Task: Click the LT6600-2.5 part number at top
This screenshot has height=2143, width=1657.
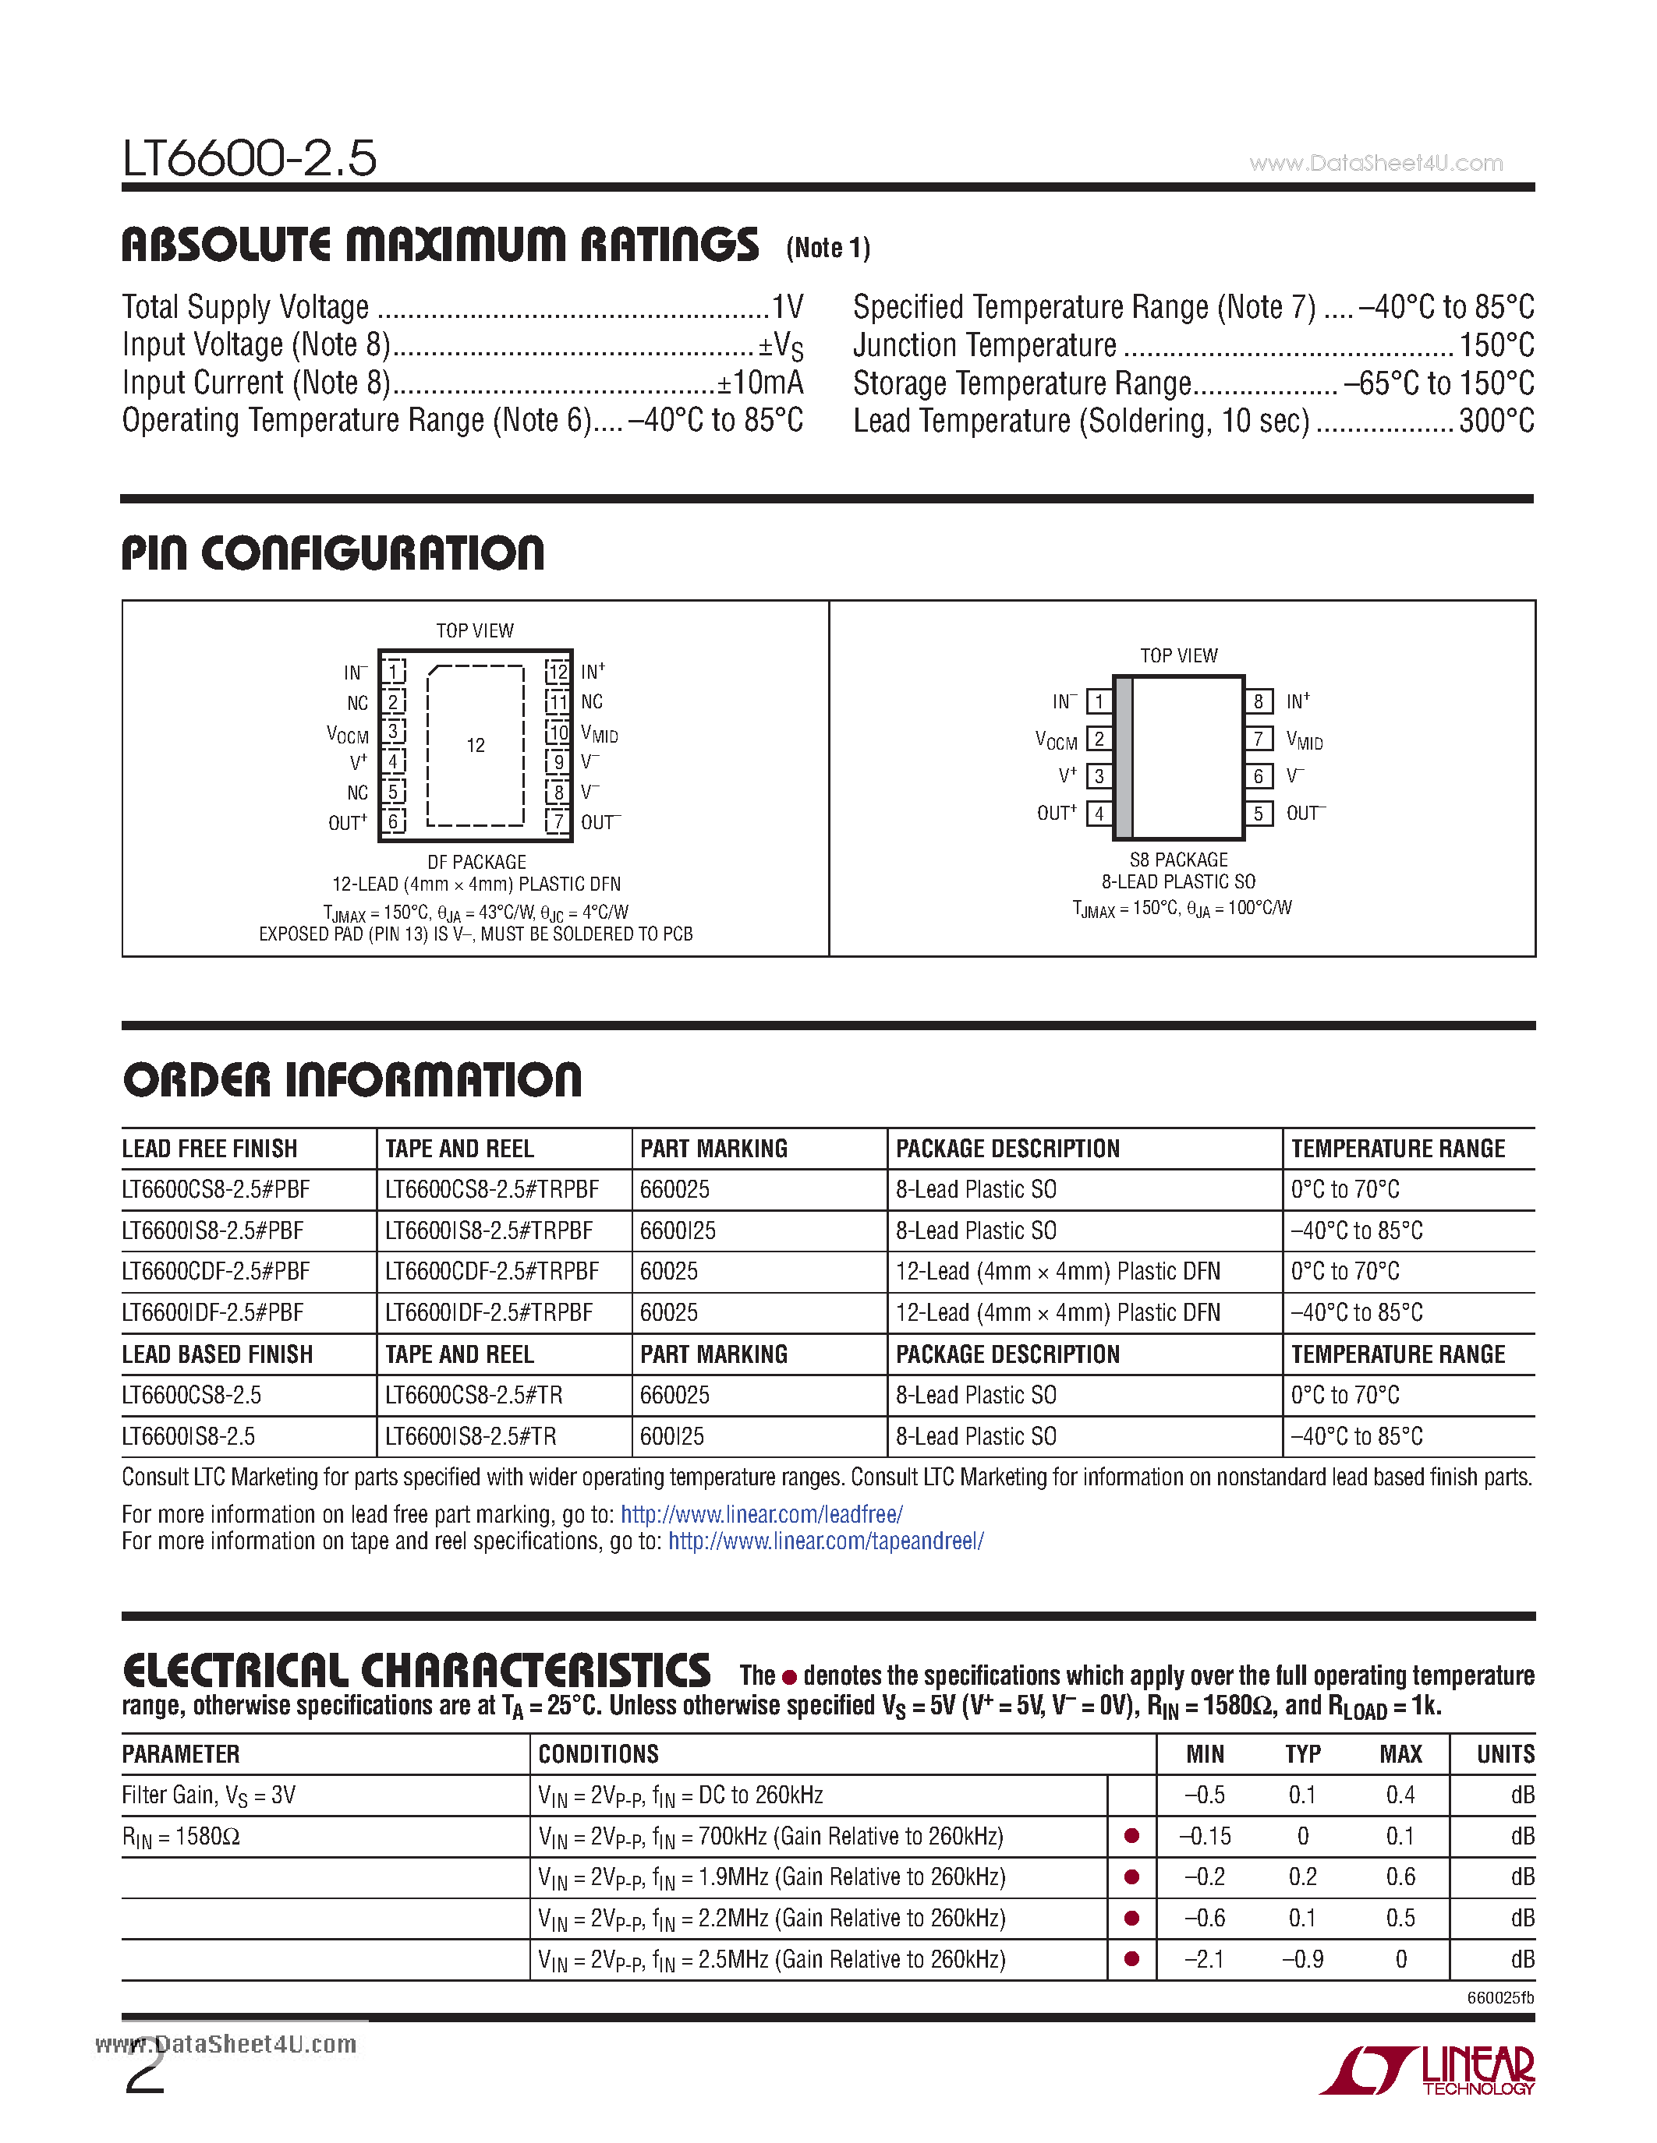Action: click(x=250, y=158)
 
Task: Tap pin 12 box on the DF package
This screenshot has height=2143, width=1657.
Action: click(x=558, y=673)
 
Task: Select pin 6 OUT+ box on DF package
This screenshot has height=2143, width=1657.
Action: click(x=394, y=821)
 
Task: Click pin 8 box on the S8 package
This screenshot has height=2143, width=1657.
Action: click(x=1259, y=701)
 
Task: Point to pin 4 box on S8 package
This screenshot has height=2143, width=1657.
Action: click(x=1099, y=814)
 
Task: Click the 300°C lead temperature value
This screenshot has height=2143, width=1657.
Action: click(x=1496, y=421)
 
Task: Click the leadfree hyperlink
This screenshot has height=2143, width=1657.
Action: click(x=762, y=1514)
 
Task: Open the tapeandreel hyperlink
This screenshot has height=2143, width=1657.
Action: click(x=826, y=1541)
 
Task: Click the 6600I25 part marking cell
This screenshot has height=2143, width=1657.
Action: click(x=678, y=1230)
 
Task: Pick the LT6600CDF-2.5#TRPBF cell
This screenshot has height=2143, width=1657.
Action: click(x=492, y=1272)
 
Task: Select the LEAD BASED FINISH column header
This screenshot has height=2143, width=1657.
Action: click(x=217, y=1354)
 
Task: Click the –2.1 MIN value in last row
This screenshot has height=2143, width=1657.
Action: click(x=1205, y=1960)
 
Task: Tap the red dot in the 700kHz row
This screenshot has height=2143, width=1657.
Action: click(x=1131, y=1836)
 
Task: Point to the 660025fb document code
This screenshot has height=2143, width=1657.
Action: click(x=1500, y=1998)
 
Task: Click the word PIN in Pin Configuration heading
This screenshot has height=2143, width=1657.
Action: click(x=154, y=553)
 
